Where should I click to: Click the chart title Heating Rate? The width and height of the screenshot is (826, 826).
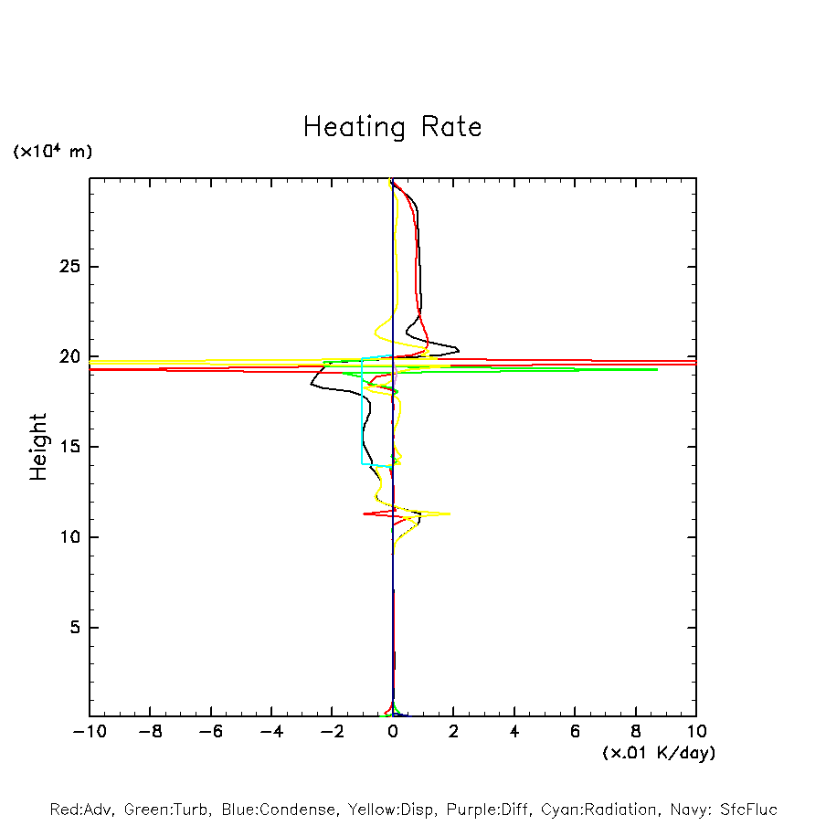392,126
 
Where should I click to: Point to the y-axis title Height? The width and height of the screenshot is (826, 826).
38,447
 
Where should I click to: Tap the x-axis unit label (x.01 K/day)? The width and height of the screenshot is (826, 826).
659,753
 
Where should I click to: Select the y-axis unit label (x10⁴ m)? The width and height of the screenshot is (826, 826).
52,152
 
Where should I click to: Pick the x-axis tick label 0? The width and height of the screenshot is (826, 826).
393,731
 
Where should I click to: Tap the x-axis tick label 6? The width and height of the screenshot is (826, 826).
575,731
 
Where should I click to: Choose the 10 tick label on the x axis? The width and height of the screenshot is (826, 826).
695,731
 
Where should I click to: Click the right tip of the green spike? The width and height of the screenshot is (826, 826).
657,369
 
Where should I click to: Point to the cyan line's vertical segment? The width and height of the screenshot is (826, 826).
362,411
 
